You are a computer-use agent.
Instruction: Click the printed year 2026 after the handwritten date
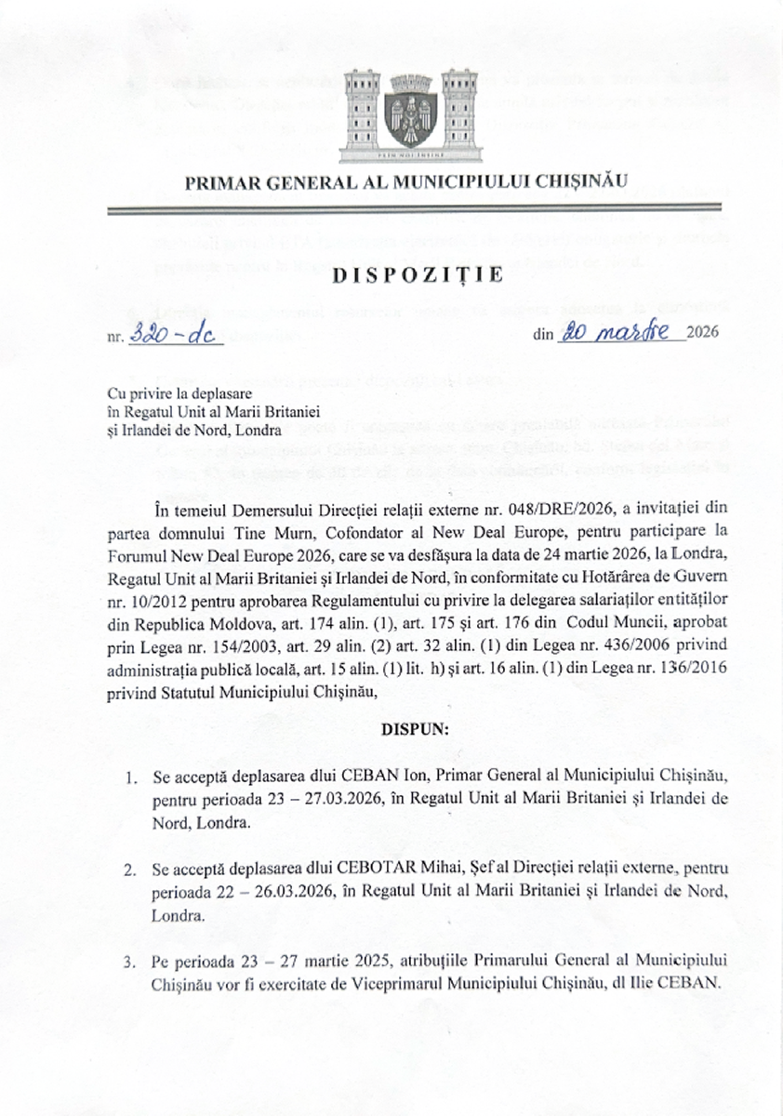coord(704,335)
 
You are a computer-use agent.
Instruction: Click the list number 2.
coord(129,869)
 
